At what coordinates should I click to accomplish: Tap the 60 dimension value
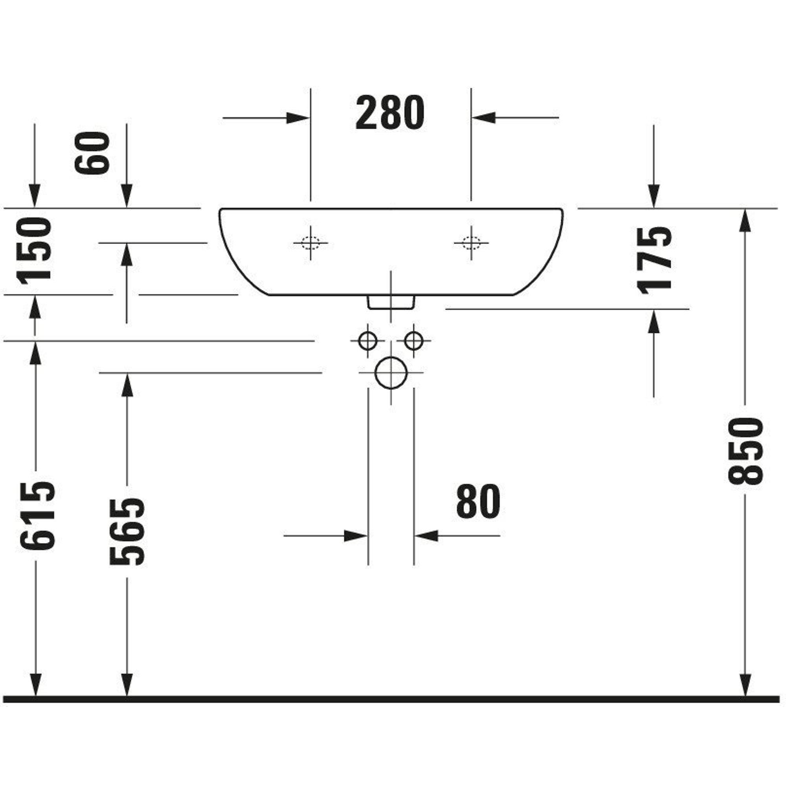click(92, 152)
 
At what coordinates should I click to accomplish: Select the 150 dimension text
click(34, 249)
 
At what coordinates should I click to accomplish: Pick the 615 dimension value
click(37, 516)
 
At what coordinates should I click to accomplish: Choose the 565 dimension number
click(127, 531)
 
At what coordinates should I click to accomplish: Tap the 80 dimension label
click(478, 501)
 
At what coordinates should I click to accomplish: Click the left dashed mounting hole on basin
click(310, 243)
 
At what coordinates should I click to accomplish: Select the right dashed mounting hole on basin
click(471, 243)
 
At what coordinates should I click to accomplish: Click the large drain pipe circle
click(391, 373)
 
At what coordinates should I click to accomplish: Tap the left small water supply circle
click(368, 340)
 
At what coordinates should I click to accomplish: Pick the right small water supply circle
click(414, 340)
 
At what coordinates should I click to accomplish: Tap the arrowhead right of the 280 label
click(484, 118)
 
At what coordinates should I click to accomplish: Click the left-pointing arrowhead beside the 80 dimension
click(426, 536)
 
